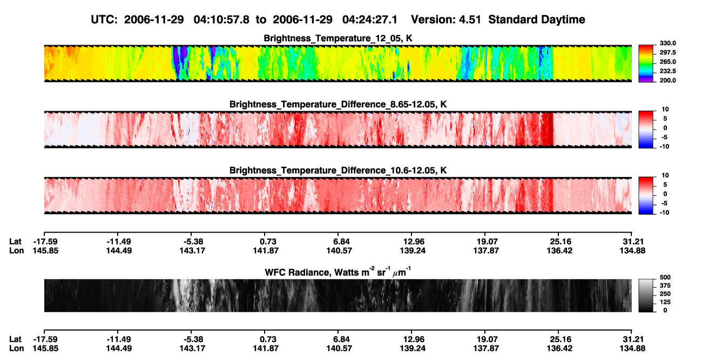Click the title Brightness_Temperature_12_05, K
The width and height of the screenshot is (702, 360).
338,38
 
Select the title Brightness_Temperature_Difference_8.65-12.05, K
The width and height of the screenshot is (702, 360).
338,104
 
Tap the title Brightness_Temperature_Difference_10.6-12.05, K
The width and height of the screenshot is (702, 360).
338,171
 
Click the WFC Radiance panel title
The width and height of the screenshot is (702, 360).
337,272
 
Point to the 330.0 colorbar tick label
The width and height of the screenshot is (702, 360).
667,43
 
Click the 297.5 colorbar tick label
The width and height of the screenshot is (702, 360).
667,52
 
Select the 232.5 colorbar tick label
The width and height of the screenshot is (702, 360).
667,71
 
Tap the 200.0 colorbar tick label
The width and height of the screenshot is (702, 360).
667,80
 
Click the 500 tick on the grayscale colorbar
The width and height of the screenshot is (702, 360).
665,277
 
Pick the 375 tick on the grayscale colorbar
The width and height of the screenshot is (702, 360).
665,286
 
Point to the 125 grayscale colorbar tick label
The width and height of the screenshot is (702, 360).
665,302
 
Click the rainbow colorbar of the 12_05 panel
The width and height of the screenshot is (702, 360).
646,64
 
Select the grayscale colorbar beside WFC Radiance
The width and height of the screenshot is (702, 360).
646,295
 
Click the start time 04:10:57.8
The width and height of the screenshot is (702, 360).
221,20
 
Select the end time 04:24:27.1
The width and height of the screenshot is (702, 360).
370,20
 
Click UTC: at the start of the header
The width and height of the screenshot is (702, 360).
104,20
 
